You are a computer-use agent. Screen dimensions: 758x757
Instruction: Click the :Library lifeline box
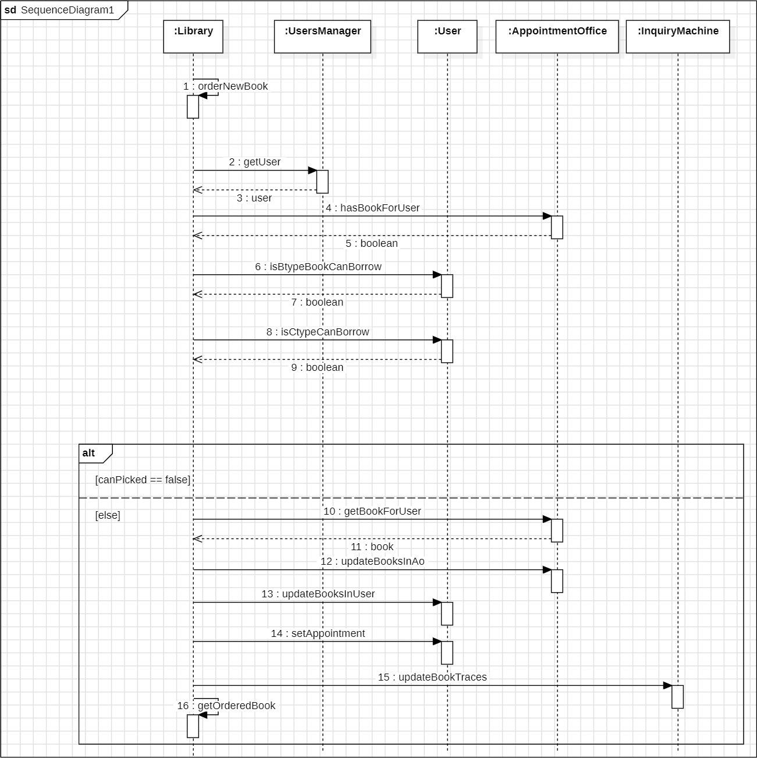[x=193, y=37]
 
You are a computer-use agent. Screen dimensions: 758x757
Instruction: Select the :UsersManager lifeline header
[x=322, y=37]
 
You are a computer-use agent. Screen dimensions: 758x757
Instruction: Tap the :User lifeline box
[x=447, y=37]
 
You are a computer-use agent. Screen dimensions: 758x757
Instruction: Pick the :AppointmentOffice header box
[x=557, y=37]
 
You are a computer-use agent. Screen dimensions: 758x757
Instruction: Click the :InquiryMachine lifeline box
[x=677, y=37]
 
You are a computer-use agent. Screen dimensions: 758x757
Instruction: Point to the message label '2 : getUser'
[x=255, y=162]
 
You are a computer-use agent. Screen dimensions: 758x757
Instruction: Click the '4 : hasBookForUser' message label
[x=372, y=208]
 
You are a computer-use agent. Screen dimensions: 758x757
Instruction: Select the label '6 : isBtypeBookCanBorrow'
[x=318, y=267]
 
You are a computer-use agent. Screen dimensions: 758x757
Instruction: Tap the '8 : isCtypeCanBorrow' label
[x=318, y=332]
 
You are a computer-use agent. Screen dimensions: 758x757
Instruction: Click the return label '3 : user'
[x=254, y=198]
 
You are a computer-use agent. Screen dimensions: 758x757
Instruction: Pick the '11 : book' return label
[x=372, y=547]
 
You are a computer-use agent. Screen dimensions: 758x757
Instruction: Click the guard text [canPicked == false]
[x=143, y=480]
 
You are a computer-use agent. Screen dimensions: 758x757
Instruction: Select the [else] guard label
[x=108, y=515]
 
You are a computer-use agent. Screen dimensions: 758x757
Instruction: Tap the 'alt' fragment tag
[x=89, y=453]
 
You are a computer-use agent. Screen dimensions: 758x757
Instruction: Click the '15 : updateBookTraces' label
[x=432, y=677]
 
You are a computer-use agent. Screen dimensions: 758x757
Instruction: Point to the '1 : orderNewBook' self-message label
[x=226, y=86]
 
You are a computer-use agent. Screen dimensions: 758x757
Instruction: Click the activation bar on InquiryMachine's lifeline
[x=677, y=696]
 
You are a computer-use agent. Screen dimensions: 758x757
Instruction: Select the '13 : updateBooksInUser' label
[x=318, y=594]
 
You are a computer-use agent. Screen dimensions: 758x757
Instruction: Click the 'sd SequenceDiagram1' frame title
[x=59, y=10]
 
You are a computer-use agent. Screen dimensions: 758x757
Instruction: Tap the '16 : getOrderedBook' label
[x=226, y=706]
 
